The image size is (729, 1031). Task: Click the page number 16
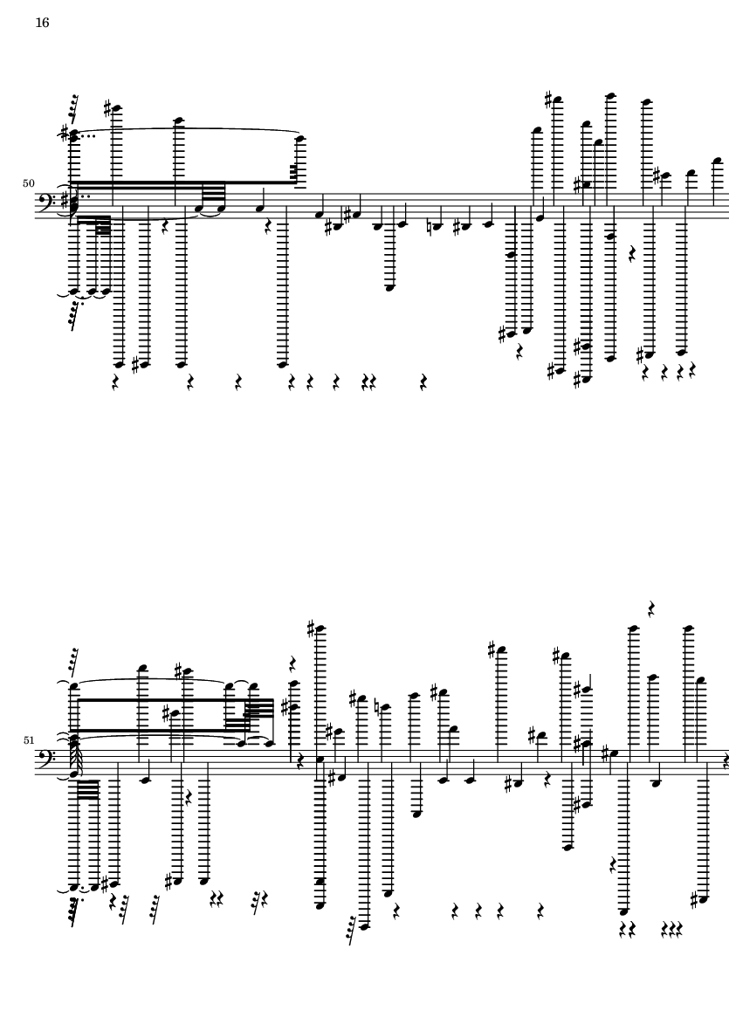42,23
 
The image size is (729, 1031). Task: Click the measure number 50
28,183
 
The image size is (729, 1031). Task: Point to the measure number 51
28,740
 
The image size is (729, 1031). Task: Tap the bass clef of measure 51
46,758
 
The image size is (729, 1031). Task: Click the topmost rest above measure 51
650,608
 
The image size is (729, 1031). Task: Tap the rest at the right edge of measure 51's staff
725,761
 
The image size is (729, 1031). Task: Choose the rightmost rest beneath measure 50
691,371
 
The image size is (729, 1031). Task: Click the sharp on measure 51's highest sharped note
313,630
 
